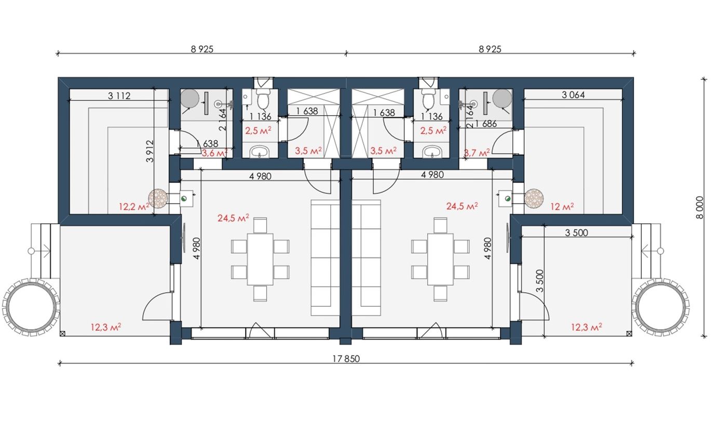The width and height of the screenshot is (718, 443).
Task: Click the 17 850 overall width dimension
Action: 346,359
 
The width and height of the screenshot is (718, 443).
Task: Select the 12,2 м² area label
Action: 134,206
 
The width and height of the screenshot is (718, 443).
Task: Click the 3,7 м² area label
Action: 477,153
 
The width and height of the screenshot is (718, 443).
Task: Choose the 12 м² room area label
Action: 562,206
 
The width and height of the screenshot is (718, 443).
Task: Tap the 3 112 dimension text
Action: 119,96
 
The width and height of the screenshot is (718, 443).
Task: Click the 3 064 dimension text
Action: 574,95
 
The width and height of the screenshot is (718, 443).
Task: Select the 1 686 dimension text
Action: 486,124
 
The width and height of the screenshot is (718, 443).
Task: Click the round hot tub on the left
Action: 31,307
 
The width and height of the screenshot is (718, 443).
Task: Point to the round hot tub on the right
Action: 661,307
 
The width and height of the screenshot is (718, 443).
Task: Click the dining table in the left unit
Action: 260,259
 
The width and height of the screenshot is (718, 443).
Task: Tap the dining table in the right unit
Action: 440,259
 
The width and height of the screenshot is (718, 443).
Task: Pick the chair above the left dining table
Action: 260,225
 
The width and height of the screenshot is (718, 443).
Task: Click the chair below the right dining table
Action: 440,293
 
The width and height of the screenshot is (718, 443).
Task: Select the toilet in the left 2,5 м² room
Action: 263,99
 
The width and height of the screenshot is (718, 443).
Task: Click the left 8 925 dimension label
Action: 202,49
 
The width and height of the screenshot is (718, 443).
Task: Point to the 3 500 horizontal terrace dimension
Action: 576,233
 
